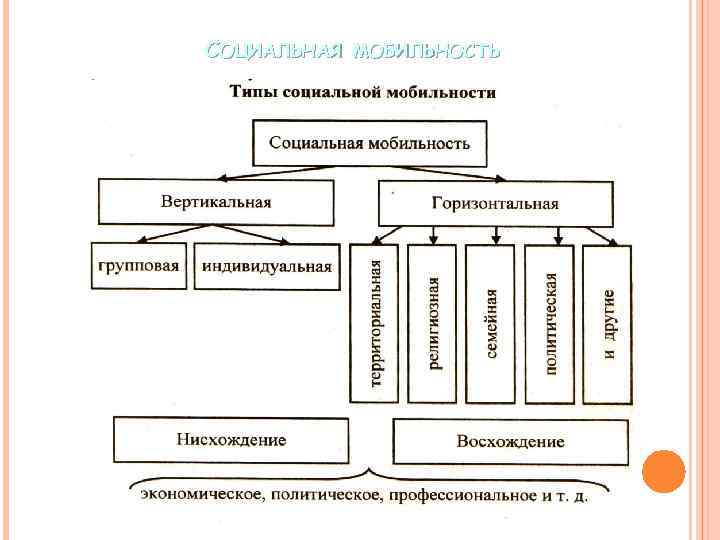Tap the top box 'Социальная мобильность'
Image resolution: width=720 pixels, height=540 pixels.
point(368,142)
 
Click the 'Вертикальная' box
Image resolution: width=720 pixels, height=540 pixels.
point(216,201)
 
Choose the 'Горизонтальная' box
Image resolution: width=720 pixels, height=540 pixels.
point(495,203)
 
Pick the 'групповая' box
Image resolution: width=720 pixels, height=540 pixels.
point(139,266)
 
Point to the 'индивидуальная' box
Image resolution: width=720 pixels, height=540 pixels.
point(266,266)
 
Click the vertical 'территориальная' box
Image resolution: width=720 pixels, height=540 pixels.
point(375,323)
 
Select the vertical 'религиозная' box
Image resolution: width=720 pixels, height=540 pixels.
point(433,323)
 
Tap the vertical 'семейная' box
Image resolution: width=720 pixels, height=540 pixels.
point(491,323)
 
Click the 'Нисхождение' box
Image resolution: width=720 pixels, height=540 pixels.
point(231,440)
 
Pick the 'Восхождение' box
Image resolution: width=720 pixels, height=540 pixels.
point(510,441)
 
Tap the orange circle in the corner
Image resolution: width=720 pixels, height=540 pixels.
point(663,471)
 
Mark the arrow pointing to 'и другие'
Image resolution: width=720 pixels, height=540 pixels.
point(600,236)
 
